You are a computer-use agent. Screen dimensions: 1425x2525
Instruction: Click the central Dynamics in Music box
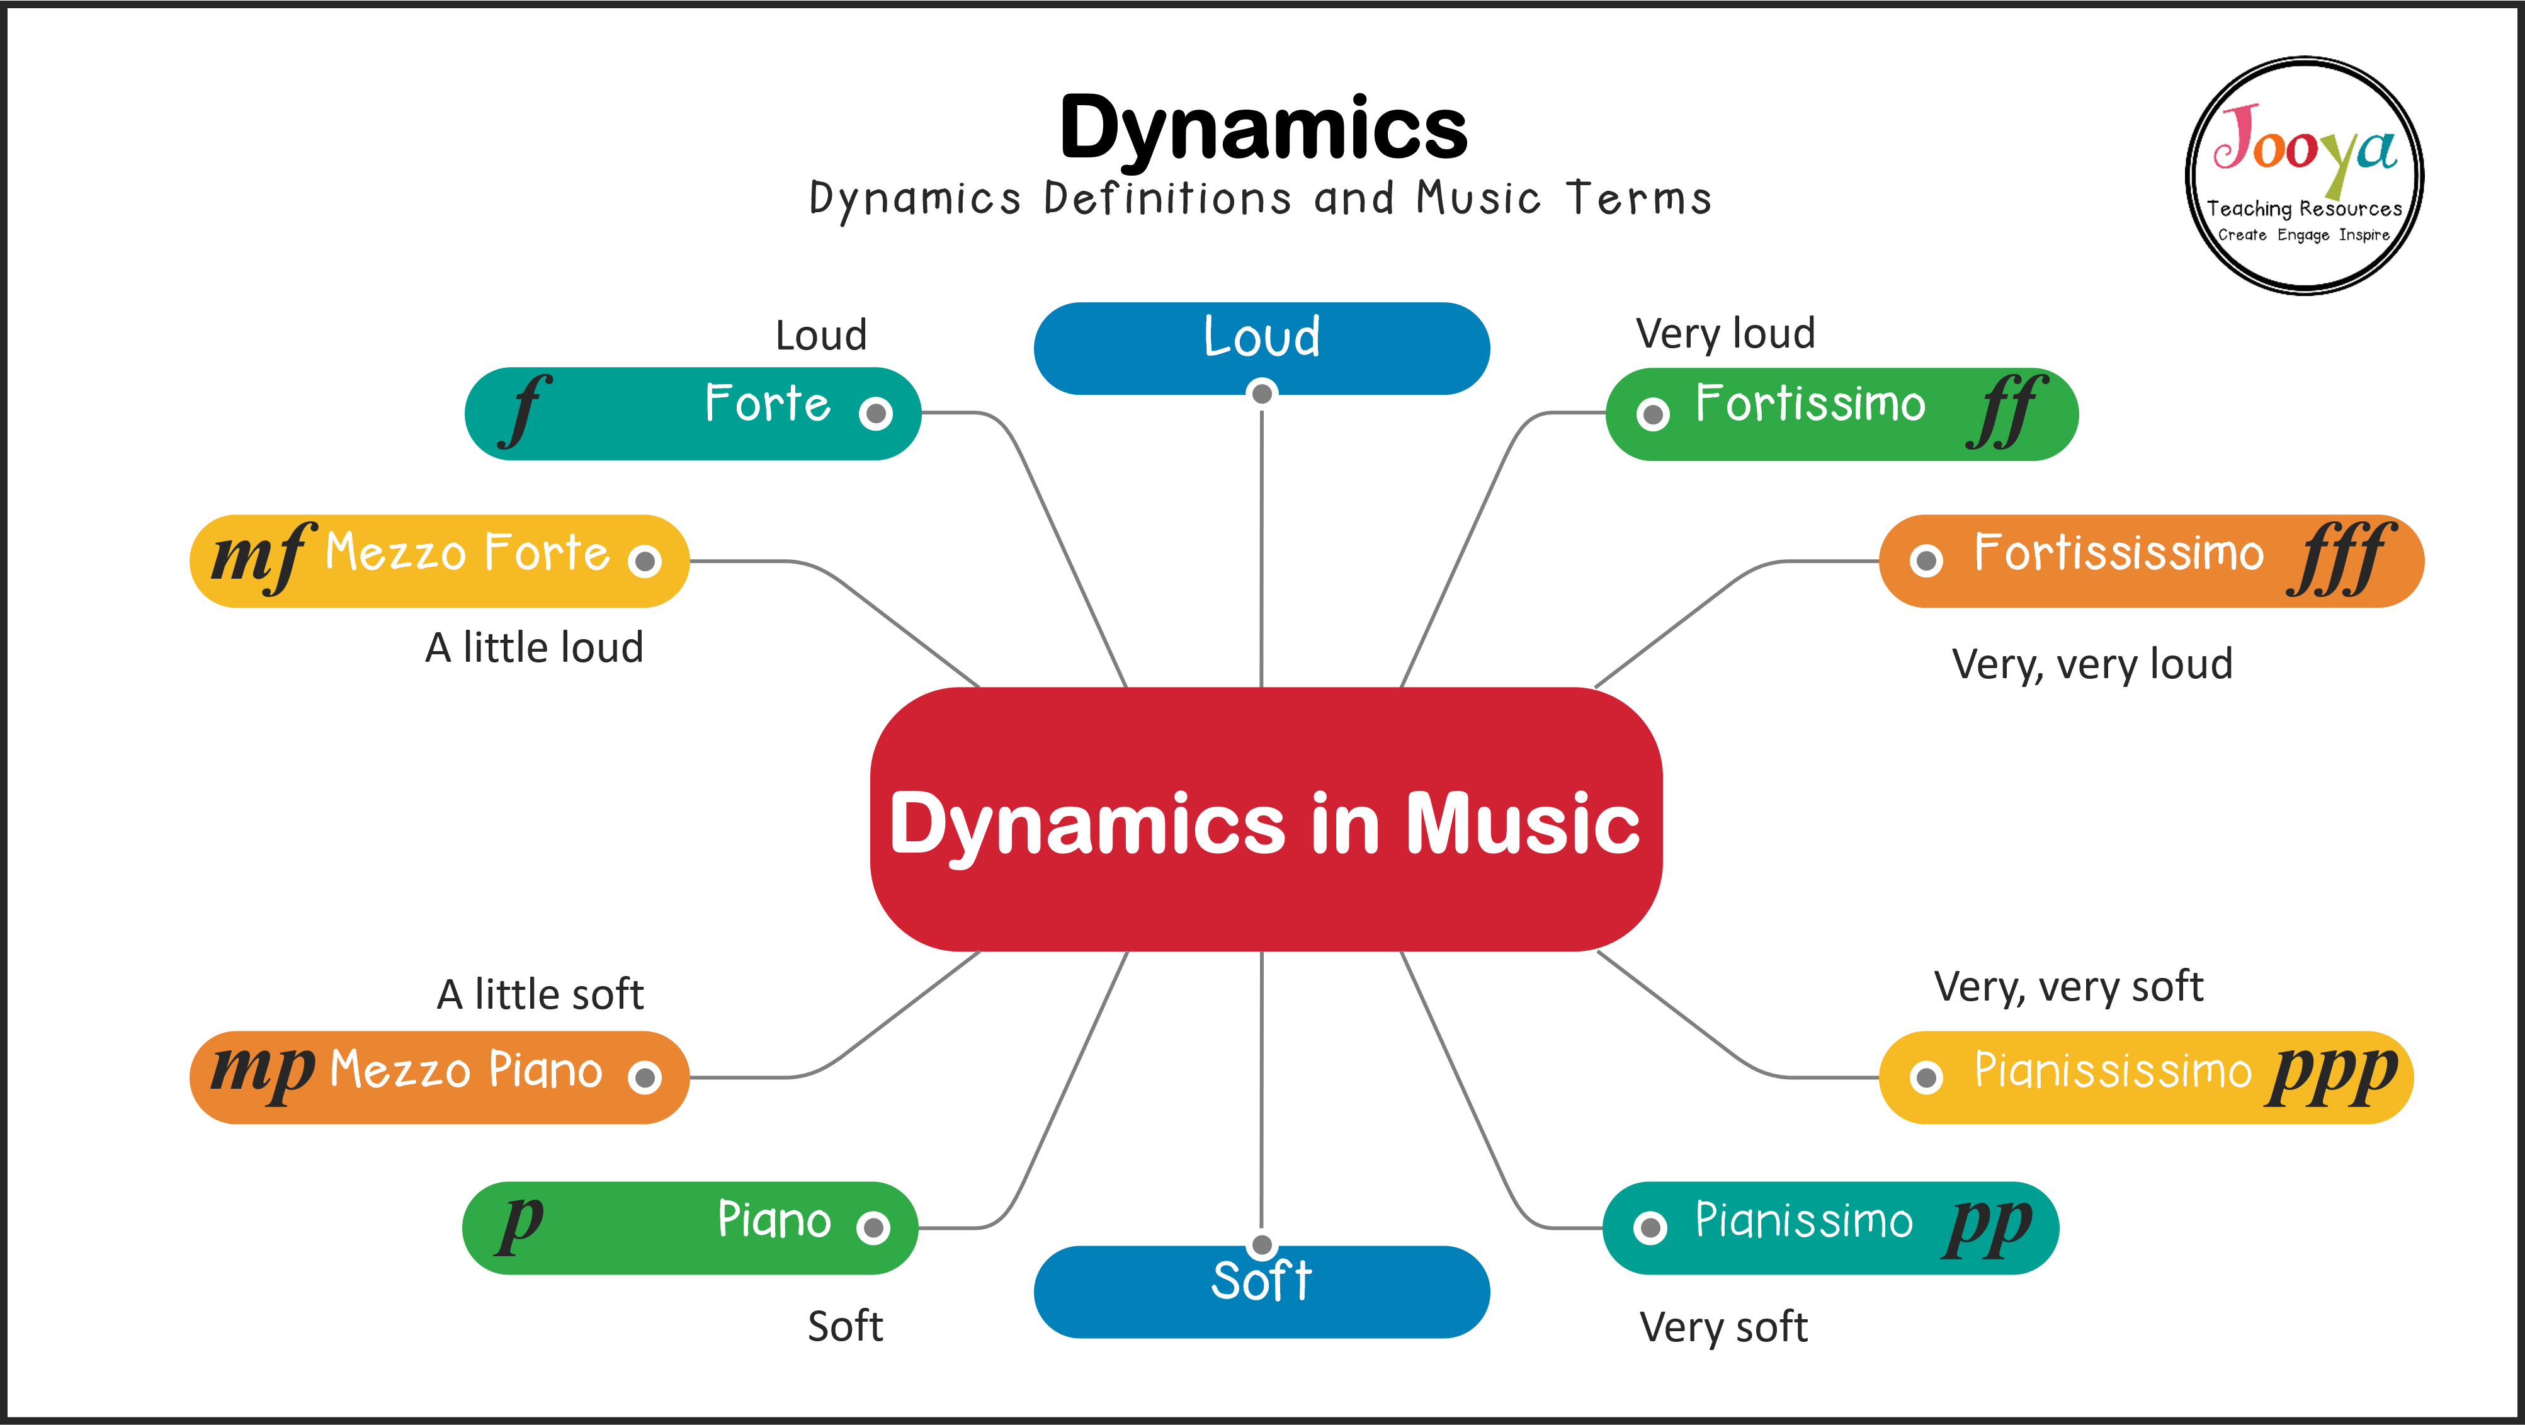coord(1264,820)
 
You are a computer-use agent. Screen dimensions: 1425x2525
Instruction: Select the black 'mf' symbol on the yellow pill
coord(261,557)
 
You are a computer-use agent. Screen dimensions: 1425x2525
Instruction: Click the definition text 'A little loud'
coord(534,648)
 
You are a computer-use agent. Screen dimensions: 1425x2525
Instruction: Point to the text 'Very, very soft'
coord(2068,987)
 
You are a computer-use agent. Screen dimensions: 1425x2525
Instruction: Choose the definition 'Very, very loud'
coord(2092,664)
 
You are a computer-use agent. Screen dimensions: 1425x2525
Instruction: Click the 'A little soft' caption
coord(540,995)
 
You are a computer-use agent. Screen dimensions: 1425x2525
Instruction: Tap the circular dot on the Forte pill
coord(875,414)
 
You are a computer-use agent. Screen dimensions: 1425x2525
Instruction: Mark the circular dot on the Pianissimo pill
coord(1650,1227)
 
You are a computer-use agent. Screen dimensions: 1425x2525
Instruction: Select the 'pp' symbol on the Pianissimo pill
coord(1988,1225)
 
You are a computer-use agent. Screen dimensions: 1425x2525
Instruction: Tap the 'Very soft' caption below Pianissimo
coord(1723,1327)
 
